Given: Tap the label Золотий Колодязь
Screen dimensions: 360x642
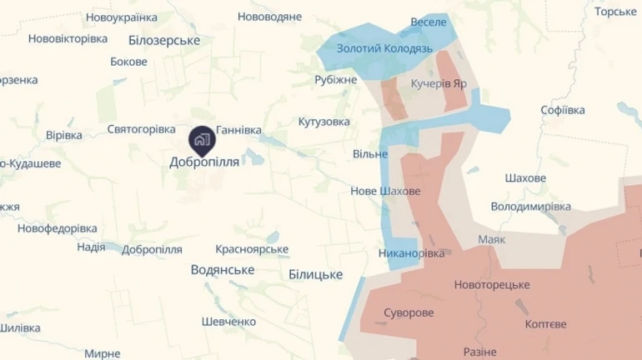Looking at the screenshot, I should click(384, 49).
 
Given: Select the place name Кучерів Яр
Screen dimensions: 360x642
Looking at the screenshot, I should click(439, 84).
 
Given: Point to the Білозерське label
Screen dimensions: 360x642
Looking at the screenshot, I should click(164, 40).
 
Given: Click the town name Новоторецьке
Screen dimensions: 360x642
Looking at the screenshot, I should click(492, 285).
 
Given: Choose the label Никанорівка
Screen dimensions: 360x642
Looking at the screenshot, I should click(411, 252).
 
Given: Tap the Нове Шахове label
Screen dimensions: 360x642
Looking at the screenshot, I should click(385, 192).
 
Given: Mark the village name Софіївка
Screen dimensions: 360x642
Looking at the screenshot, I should click(562, 110).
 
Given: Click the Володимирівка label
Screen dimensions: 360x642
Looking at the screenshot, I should click(530, 206).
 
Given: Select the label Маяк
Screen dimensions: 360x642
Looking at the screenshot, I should click(491, 239).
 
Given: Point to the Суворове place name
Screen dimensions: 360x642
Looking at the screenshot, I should click(409, 313).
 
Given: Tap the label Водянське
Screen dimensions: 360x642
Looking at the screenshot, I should click(222, 269).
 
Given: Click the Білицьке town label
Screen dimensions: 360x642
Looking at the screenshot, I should click(315, 274).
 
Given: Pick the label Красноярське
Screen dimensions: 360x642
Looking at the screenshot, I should click(252, 249).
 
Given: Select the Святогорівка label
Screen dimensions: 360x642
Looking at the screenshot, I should click(141, 129).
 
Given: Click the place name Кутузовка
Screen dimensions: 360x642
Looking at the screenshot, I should click(324, 122).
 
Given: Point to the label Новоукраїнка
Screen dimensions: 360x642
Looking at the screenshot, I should click(121, 17).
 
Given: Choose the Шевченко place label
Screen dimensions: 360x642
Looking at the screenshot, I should click(228, 322).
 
